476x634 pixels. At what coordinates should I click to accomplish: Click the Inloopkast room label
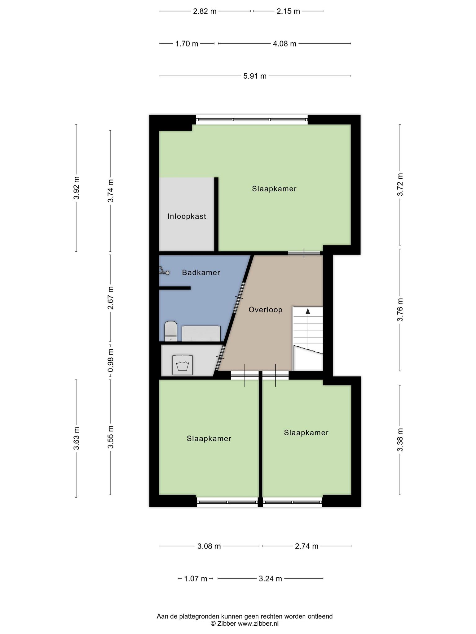point(187,216)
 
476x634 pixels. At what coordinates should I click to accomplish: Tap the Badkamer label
point(201,272)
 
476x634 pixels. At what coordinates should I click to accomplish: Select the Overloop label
point(266,310)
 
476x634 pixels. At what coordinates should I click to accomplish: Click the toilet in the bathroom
point(170,331)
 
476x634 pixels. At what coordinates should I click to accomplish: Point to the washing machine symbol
point(183,365)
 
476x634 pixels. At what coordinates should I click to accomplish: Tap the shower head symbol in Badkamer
point(164,271)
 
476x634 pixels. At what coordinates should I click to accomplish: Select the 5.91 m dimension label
point(255,76)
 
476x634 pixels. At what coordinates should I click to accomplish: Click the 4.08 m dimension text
point(284,44)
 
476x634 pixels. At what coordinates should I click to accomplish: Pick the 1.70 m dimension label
point(187,44)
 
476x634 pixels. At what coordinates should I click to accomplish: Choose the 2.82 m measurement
point(205,11)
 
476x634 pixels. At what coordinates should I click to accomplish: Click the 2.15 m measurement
point(288,11)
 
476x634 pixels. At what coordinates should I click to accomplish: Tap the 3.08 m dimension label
point(209,546)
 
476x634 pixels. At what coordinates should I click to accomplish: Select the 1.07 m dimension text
point(196,579)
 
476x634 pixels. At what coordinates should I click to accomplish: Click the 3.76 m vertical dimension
point(400,310)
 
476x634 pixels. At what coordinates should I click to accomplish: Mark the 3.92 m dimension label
point(77,188)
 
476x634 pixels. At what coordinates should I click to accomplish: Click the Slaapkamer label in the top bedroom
point(274,189)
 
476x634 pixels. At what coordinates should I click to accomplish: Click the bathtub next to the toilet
point(201,334)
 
